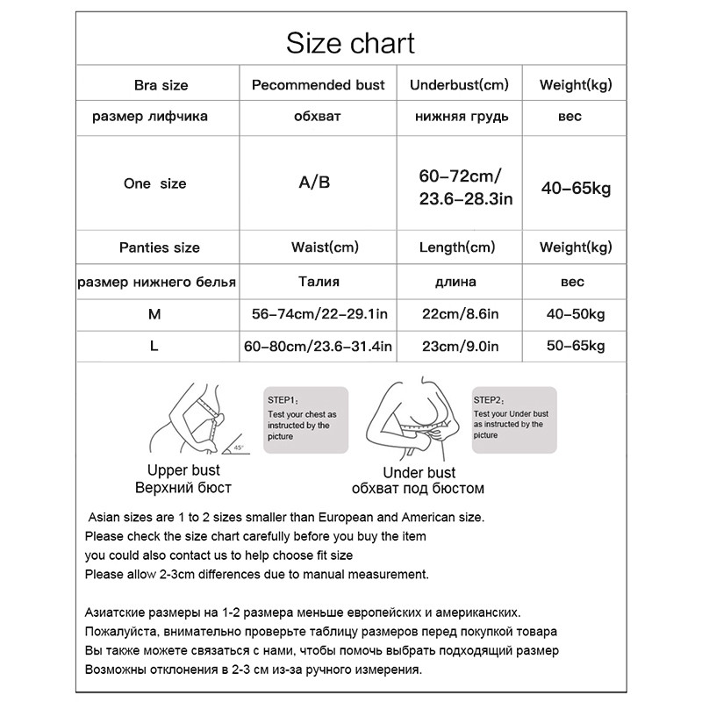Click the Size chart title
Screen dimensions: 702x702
[350, 42]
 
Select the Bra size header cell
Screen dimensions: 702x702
[161, 85]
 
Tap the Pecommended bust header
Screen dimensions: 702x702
[318, 85]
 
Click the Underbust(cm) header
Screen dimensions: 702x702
[459, 85]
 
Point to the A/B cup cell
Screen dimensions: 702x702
[316, 183]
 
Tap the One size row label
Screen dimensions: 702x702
[155, 184]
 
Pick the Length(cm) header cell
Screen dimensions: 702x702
[456, 247]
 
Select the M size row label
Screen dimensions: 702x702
[155, 313]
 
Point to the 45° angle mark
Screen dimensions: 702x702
[238, 448]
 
